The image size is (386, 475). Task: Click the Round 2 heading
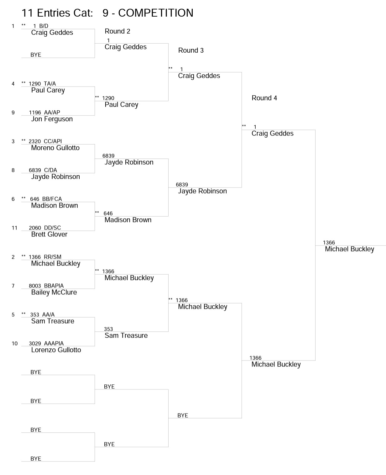click(117, 31)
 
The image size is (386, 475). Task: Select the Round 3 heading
click(191, 50)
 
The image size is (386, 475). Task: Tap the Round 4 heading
click(264, 98)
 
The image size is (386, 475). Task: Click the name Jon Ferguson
click(52, 119)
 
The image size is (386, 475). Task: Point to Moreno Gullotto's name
click(55, 148)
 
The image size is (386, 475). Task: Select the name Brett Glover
click(49, 235)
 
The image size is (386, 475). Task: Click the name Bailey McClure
click(54, 292)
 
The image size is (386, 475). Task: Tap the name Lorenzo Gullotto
click(56, 350)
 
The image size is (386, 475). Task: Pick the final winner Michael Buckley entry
click(349, 249)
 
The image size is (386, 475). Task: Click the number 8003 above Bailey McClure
click(35, 286)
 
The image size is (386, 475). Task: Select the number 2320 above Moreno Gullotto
click(35, 141)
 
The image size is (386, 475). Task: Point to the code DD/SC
click(52, 228)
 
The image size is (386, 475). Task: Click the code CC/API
click(53, 141)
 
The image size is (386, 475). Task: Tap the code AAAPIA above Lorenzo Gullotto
click(54, 343)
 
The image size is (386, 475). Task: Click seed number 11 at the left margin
click(14, 228)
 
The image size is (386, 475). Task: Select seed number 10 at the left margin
click(15, 343)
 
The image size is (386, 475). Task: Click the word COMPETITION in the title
click(156, 13)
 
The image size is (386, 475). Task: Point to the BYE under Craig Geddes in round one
click(36, 55)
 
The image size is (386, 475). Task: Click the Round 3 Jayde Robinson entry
click(202, 191)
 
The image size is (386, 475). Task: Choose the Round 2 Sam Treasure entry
click(126, 335)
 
